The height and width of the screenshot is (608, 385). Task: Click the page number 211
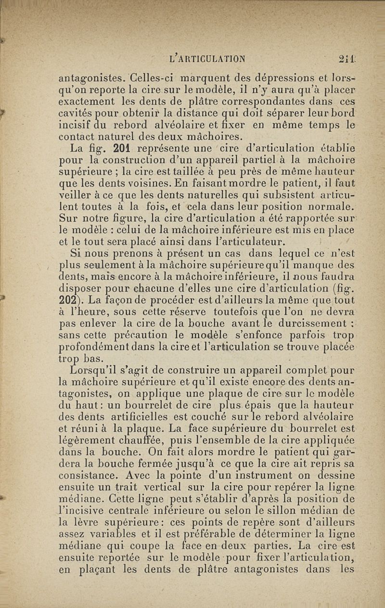[346, 59]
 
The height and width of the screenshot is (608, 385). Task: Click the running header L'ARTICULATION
[208, 59]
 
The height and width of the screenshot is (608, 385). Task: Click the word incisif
[74, 126]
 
